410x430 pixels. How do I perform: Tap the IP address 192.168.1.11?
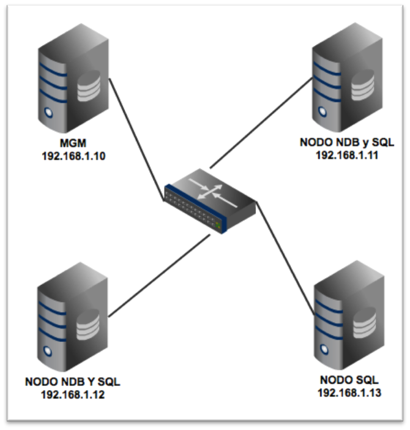(x=347, y=154)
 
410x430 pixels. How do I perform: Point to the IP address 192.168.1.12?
(x=73, y=394)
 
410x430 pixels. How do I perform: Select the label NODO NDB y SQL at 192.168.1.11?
(x=347, y=143)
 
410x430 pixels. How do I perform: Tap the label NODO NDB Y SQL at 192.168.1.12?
(x=73, y=382)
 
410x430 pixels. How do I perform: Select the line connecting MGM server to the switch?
(x=136, y=137)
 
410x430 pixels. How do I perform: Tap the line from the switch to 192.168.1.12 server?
(x=159, y=273)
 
